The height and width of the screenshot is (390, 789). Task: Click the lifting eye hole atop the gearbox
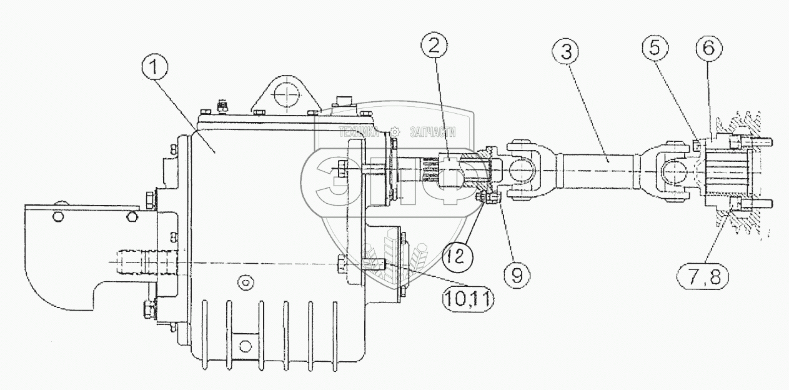coord(285,96)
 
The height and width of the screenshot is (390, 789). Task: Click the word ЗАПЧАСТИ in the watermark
coord(432,132)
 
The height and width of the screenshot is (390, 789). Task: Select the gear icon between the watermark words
coord(395,132)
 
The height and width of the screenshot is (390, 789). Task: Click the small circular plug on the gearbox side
coord(247,283)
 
